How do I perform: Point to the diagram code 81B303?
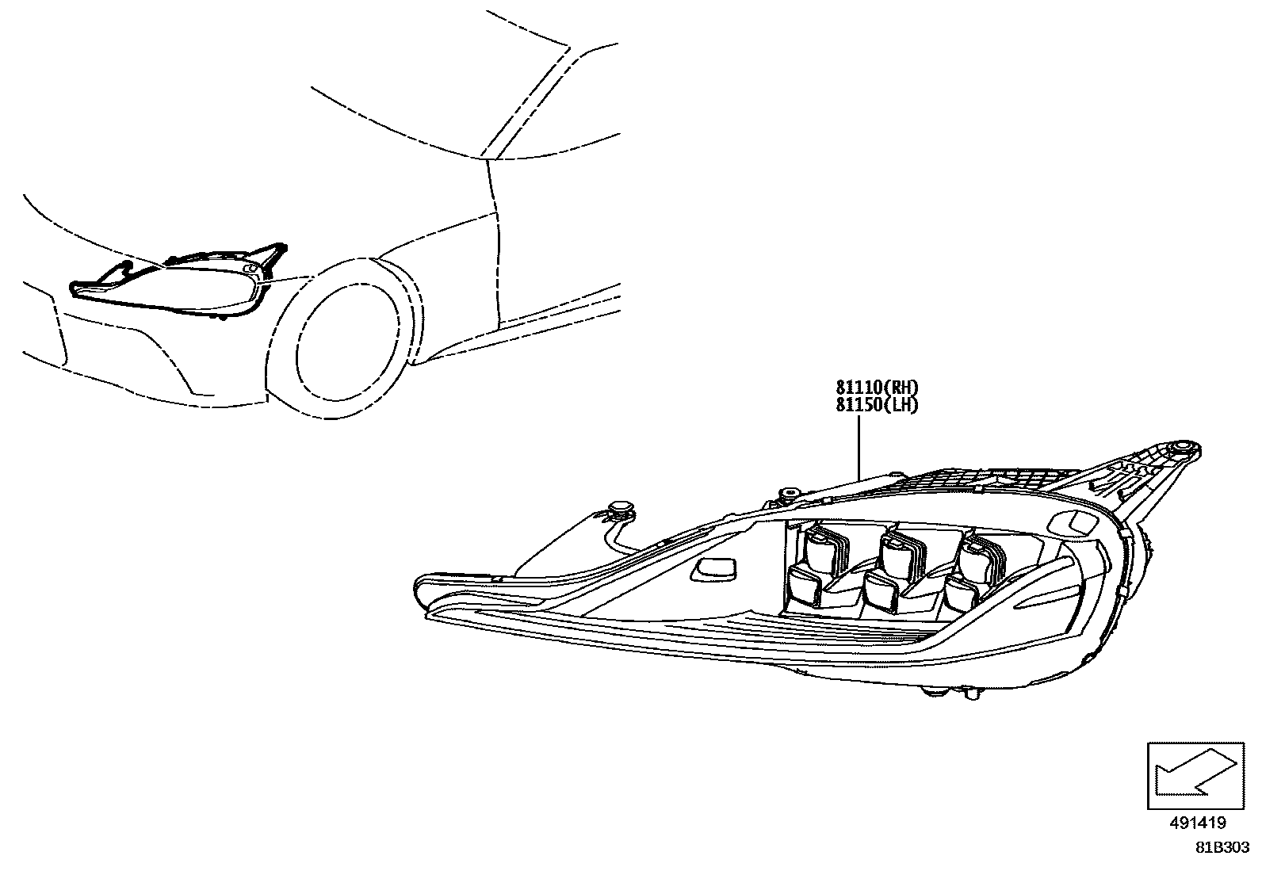[1223, 847]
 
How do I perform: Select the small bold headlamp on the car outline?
[174, 285]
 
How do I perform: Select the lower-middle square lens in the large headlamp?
[881, 593]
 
